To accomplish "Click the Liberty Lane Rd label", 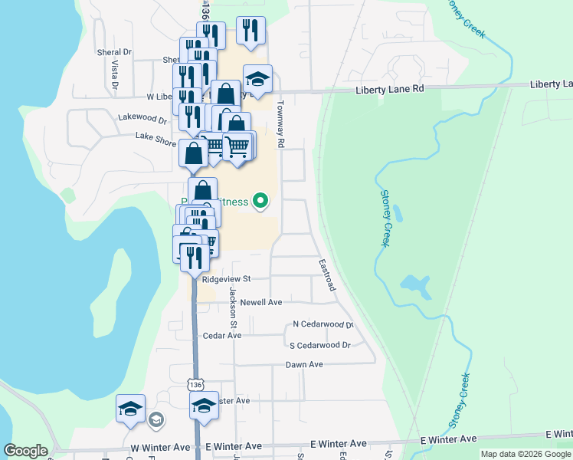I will pyautogui.click(x=390, y=90).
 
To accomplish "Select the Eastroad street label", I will pyautogui.click(x=326, y=274).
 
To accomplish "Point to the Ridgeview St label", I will pyautogui.click(x=226, y=279).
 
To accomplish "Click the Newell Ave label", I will pyautogui.click(x=261, y=302).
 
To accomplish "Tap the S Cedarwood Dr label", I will pyautogui.click(x=325, y=345).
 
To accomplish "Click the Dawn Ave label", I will pyautogui.click(x=304, y=365).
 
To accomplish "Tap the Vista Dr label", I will pyautogui.click(x=113, y=75).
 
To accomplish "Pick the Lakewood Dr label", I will pyautogui.click(x=142, y=119).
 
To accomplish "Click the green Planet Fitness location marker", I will pyautogui.click(x=260, y=202).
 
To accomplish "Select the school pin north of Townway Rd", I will pyautogui.click(x=258, y=79).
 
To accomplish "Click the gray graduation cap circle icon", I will pyautogui.click(x=156, y=419).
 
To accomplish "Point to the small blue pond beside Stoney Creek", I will pyautogui.click(x=414, y=286).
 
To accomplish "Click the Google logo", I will pyautogui.click(x=25, y=451).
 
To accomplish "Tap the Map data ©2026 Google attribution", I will pyautogui.click(x=525, y=454).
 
